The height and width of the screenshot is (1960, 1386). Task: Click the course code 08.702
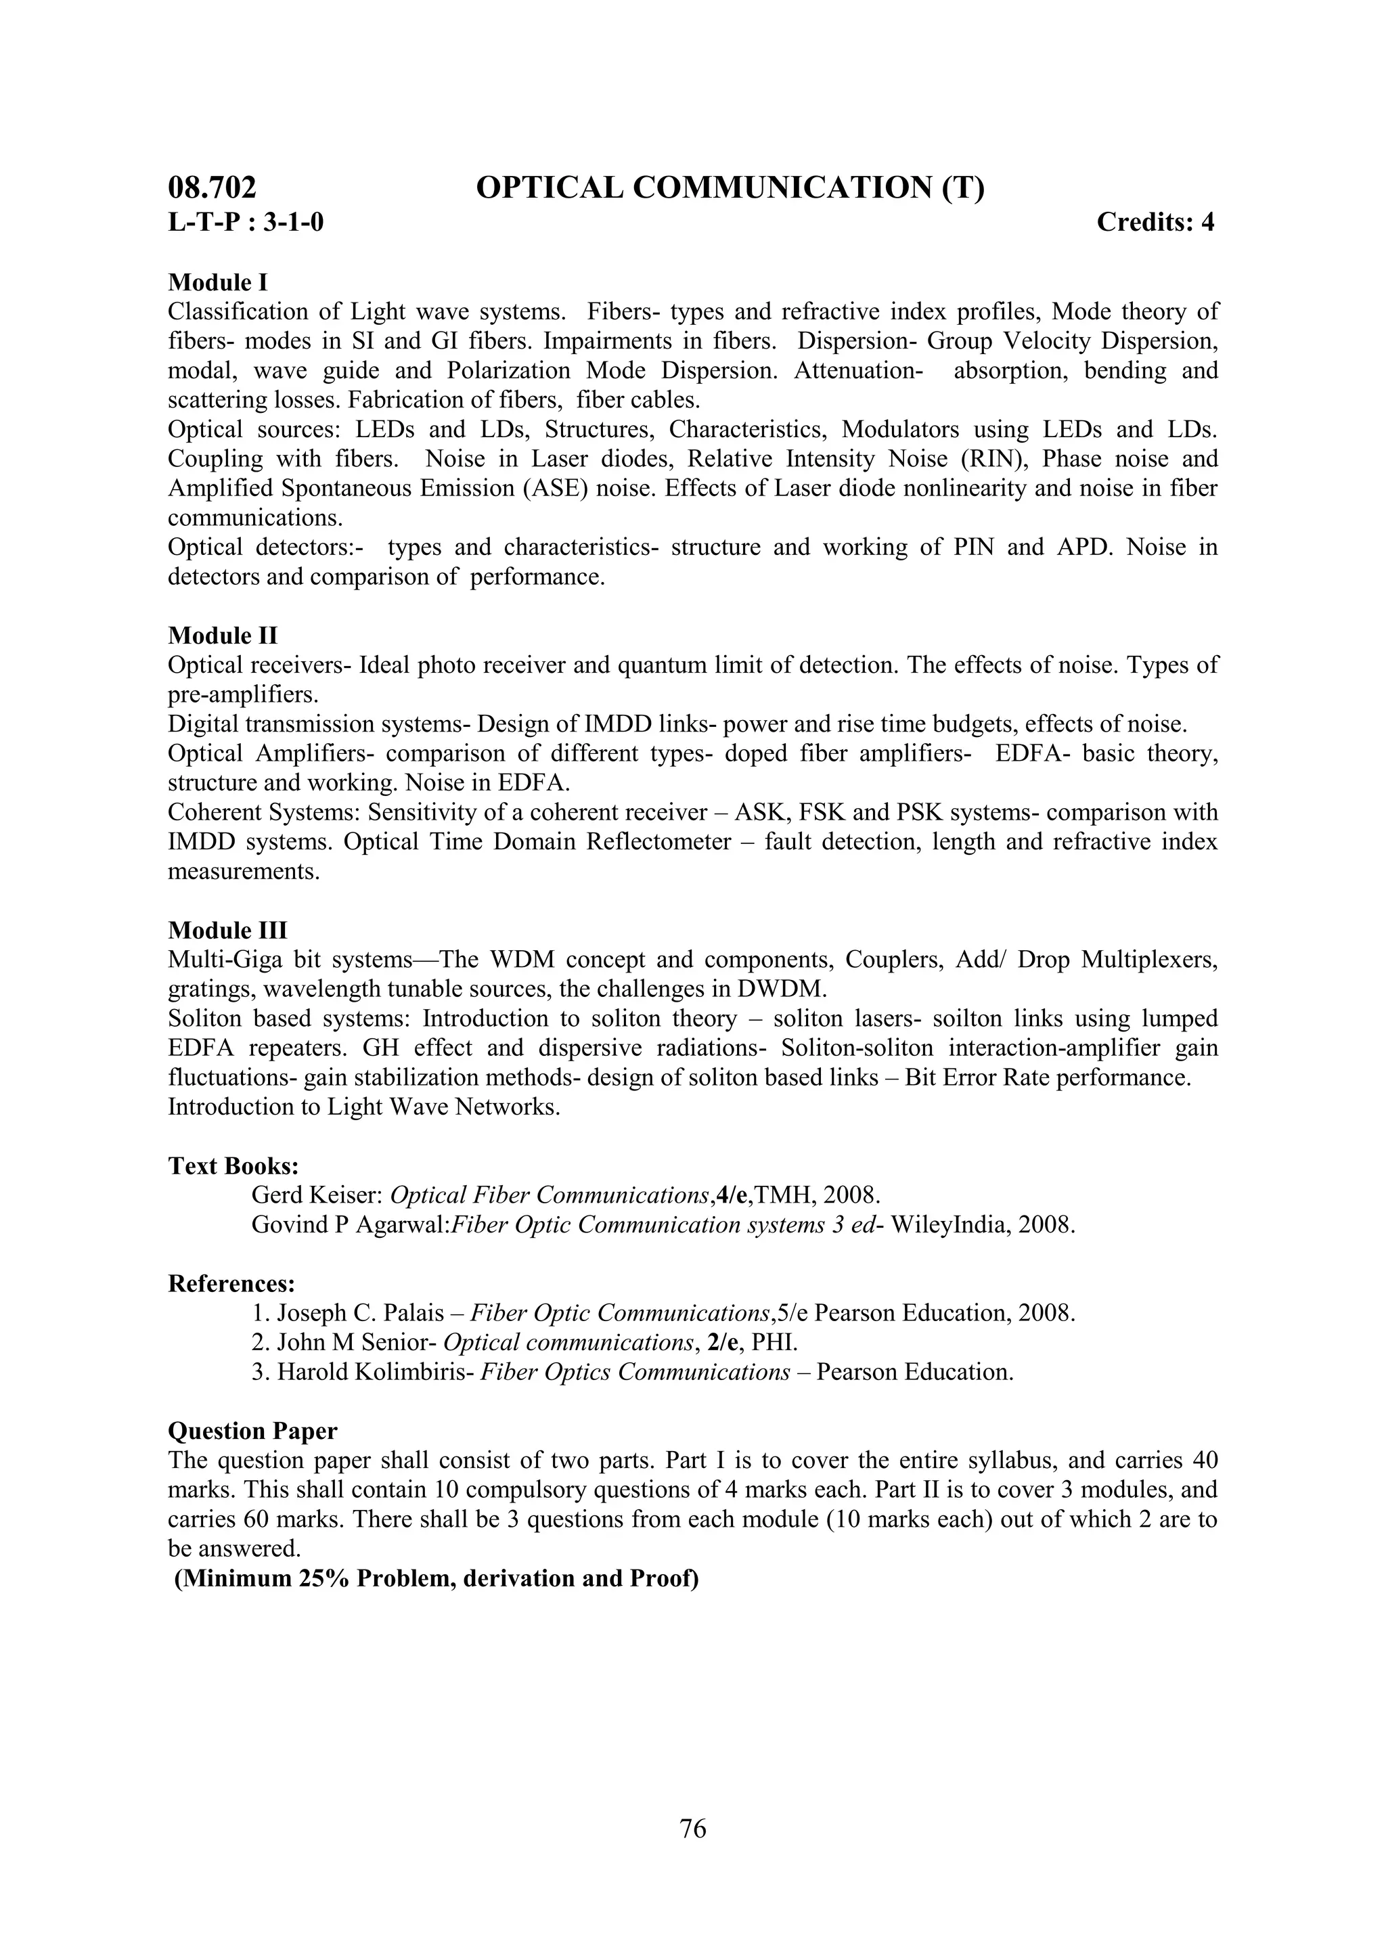click(x=212, y=187)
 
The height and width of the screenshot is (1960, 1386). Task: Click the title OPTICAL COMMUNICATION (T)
click(x=730, y=187)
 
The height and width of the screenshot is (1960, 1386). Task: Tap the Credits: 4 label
click(x=1155, y=223)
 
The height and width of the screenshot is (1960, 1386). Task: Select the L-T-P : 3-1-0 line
click(x=246, y=223)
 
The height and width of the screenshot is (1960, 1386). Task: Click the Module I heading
click(x=218, y=282)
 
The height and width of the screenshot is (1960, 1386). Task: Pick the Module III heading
click(x=228, y=930)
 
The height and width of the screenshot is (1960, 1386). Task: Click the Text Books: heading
click(x=233, y=1165)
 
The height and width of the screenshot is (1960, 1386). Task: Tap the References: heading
click(x=231, y=1283)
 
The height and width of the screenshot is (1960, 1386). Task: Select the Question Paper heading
click(x=252, y=1431)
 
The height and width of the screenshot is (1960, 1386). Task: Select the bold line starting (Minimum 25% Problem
click(x=436, y=1578)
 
